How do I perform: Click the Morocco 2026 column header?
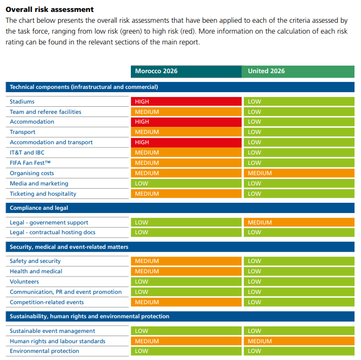pyautogui.click(x=186, y=71)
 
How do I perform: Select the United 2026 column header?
pyautogui.click(x=298, y=71)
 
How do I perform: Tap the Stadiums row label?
pyautogui.click(x=22, y=101)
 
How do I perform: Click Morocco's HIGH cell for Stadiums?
pyautogui.click(x=186, y=101)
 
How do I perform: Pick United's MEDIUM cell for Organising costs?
pyautogui.click(x=299, y=173)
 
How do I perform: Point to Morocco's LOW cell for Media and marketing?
pyautogui.click(x=186, y=183)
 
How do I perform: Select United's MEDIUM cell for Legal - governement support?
pyautogui.click(x=299, y=222)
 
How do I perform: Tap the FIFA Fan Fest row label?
pyautogui.click(x=30, y=163)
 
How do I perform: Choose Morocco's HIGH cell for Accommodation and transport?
pyautogui.click(x=186, y=142)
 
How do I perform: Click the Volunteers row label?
pyautogui.click(x=24, y=281)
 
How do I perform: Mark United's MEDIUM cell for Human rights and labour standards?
pyautogui.click(x=299, y=341)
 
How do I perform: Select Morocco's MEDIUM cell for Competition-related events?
pyautogui.click(x=186, y=302)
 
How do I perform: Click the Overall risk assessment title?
pyautogui.click(x=49, y=9)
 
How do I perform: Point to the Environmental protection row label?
pyautogui.click(x=45, y=351)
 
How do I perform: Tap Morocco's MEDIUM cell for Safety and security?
pyautogui.click(x=186, y=261)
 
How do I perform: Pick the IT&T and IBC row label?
pyautogui.click(x=27, y=152)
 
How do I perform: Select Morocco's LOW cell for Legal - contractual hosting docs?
pyautogui.click(x=186, y=233)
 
